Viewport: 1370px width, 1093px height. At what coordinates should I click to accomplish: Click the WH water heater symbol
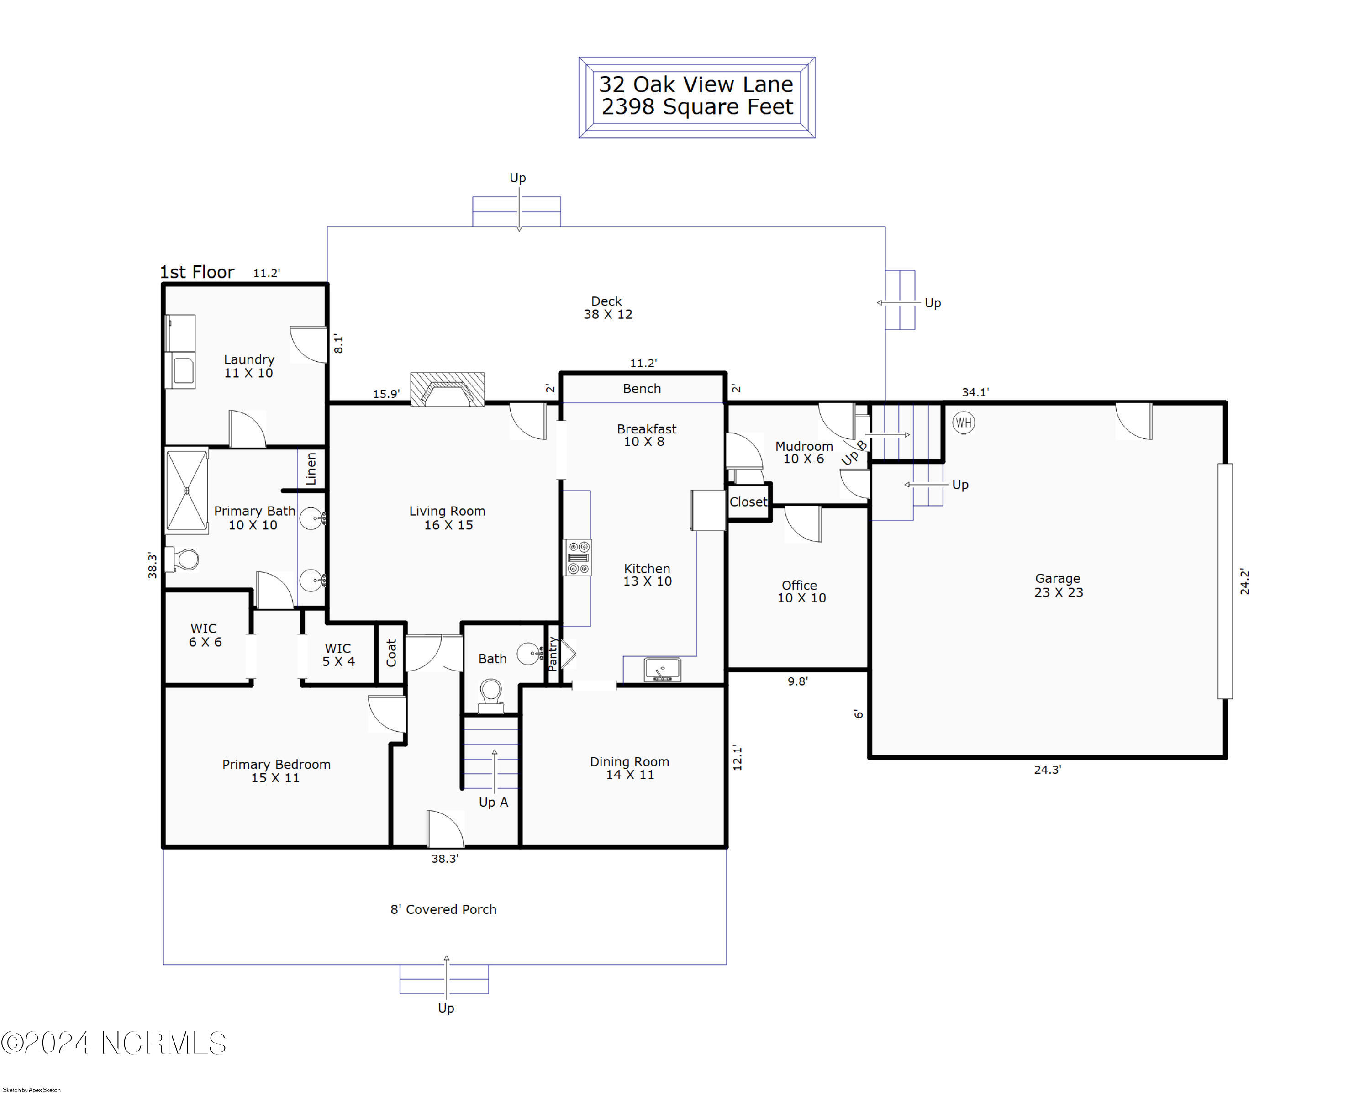[x=963, y=422]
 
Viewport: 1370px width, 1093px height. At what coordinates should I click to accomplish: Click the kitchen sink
[x=662, y=670]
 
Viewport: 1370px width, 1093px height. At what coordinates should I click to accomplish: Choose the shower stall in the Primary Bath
[x=187, y=491]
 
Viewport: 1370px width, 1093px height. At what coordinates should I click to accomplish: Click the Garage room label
[x=1058, y=585]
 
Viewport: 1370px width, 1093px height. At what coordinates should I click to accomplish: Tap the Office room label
[x=801, y=591]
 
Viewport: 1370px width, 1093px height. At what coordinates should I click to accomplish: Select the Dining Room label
[x=629, y=768]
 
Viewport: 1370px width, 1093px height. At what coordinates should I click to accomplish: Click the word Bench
[x=642, y=388]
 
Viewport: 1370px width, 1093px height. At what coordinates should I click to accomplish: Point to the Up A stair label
[x=493, y=802]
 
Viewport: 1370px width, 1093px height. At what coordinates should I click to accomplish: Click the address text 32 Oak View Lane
[x=696, y=84]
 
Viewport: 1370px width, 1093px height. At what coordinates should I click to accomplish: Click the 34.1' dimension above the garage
[x=975, y=392]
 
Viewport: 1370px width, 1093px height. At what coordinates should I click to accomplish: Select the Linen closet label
[x=311, y=469]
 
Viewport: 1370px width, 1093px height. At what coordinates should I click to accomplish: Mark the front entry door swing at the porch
[x=445, y=829]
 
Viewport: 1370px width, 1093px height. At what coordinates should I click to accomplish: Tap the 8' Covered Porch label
[x=443, y=909]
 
